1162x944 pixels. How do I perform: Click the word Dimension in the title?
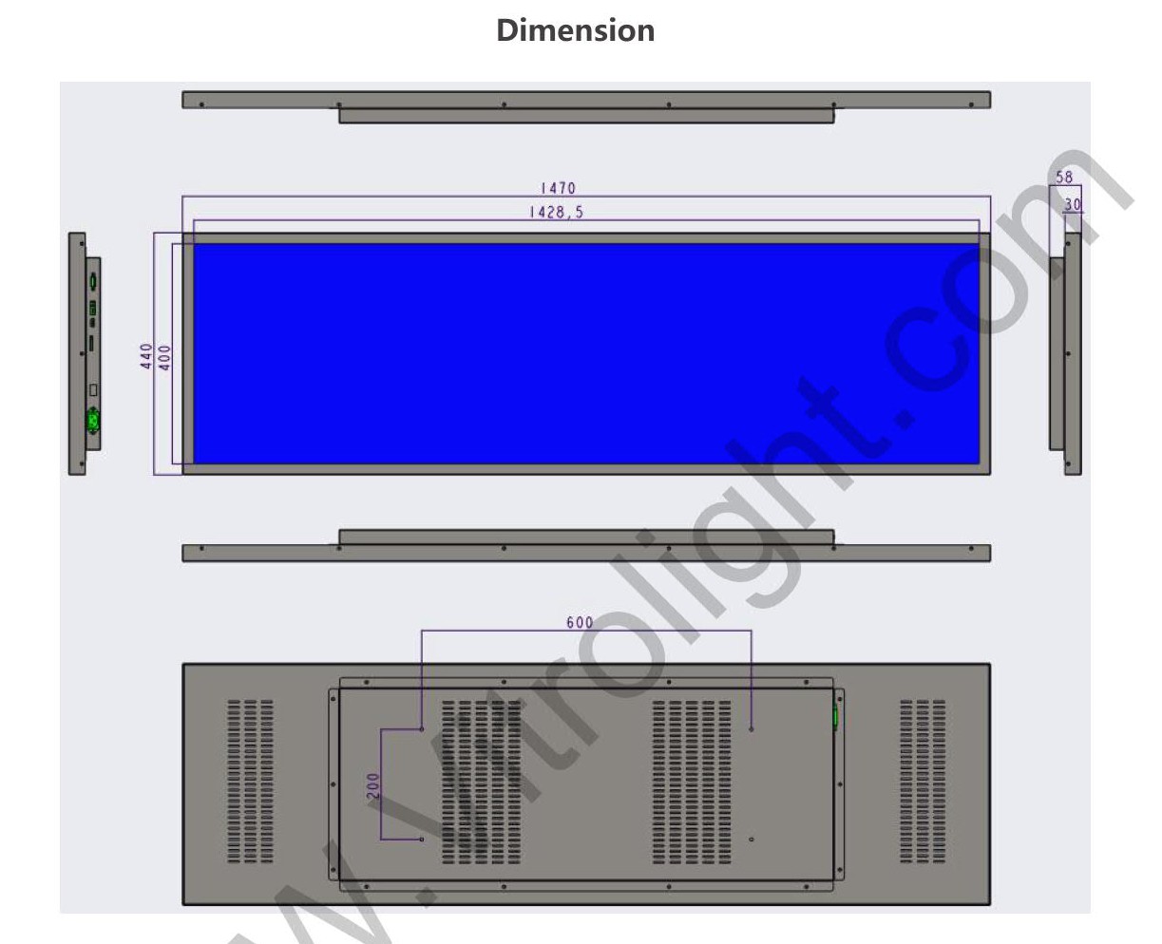[x=576, y=30]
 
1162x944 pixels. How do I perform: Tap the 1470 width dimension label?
[x=558, y=188]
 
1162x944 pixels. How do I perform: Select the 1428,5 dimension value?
[x=557, y=212]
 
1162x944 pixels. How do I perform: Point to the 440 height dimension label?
[x=146, y=356]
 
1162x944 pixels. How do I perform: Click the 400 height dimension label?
[x=164, y=357]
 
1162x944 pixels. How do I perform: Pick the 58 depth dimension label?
[x=1064, y=178]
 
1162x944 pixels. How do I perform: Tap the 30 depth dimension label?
[x=1073, y=204]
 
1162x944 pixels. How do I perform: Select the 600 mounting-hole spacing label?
[x=580, y=622]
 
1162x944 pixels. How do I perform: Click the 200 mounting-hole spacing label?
[x=373, y=785]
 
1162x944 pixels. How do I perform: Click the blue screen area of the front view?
[x=586, y=353]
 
